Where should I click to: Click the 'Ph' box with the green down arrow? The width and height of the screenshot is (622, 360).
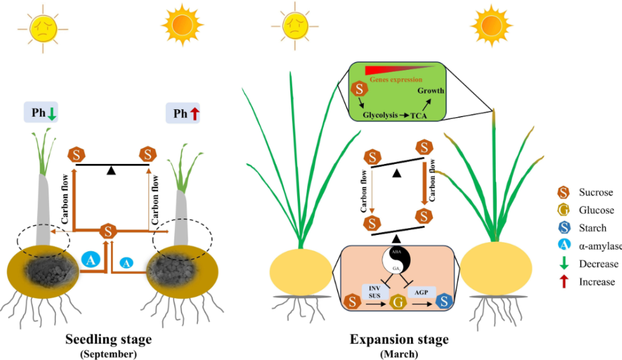click(41, 112)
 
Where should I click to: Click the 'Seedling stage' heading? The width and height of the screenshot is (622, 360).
click(109, 338)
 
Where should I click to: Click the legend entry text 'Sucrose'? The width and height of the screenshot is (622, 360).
click(596, 192)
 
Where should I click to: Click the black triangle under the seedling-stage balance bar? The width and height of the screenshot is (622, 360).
click(109, 171)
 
